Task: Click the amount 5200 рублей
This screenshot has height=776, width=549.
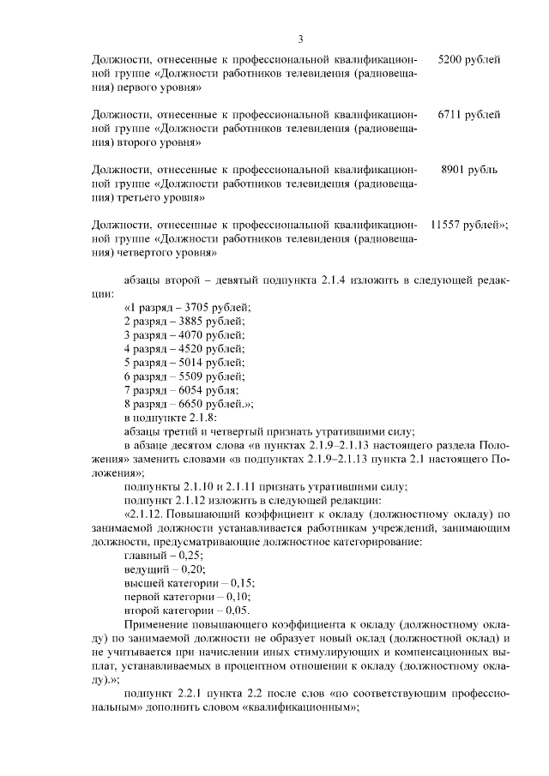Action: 468,60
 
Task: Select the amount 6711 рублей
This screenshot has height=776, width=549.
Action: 468,115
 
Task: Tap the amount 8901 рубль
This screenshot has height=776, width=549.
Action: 468,170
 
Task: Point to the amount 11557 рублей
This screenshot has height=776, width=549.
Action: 469,225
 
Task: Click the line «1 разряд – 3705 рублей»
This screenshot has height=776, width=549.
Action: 187,307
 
